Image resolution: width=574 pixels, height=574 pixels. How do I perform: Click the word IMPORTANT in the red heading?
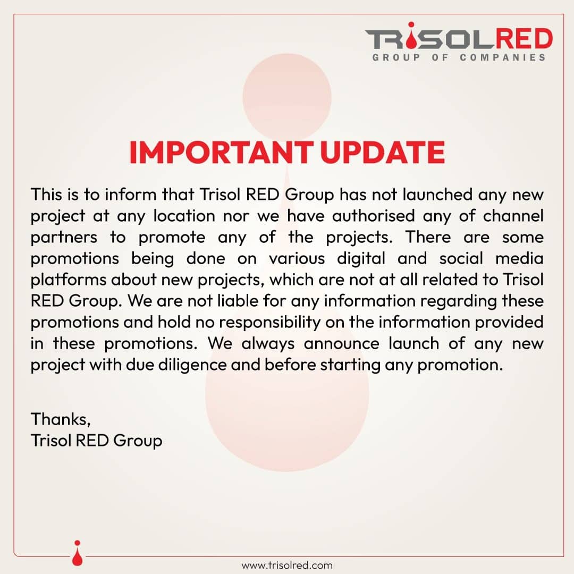[x=221, y=153]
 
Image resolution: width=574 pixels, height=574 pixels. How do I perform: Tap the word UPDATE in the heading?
[x=383, y=153]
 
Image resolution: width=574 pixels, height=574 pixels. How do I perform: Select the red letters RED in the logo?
[x=524, y=38]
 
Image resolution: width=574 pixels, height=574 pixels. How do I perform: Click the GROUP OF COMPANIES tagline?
[x=459, y=57]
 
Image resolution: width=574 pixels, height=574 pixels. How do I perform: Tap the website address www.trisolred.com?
[x=287, y=565]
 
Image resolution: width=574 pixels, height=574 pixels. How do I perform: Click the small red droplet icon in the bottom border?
[x=77, y=553]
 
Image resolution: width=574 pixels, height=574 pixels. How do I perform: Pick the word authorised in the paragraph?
[x=374, y=216]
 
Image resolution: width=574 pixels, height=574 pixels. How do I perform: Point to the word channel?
[x=513, y=216]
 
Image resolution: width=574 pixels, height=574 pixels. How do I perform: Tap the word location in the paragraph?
[x=184, y=216]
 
